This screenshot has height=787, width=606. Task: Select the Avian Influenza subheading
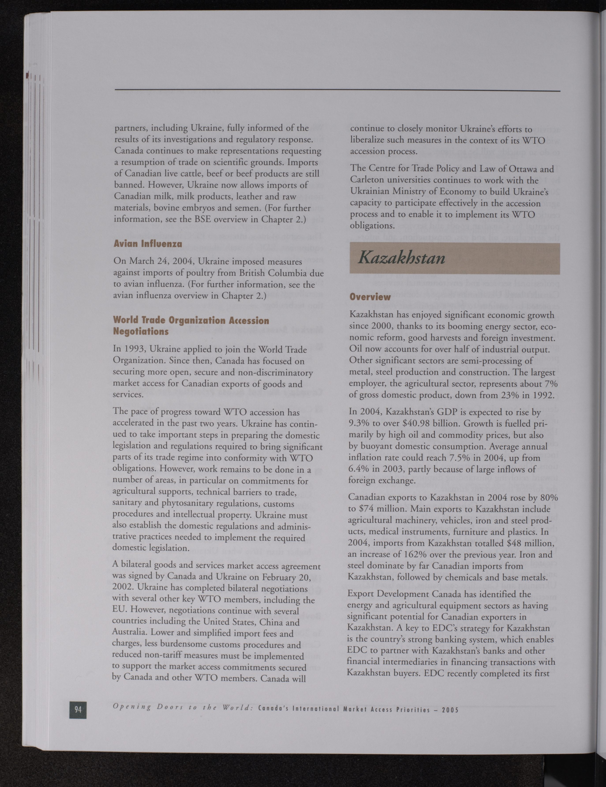148,244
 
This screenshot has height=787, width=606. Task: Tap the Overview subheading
370,297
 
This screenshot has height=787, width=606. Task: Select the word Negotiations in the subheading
141,331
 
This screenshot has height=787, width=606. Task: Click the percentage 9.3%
360,423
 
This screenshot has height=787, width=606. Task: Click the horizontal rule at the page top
337,90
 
